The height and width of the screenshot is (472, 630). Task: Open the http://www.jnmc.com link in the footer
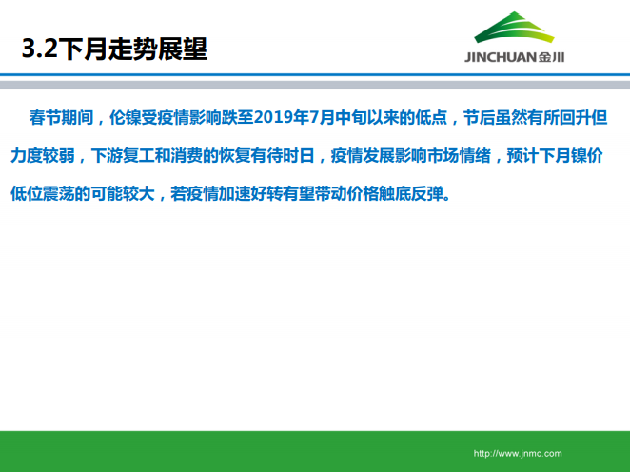(519, 453)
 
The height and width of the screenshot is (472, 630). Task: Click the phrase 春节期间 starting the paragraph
(60, 118)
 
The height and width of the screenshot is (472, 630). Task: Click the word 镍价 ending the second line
(592, 154)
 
